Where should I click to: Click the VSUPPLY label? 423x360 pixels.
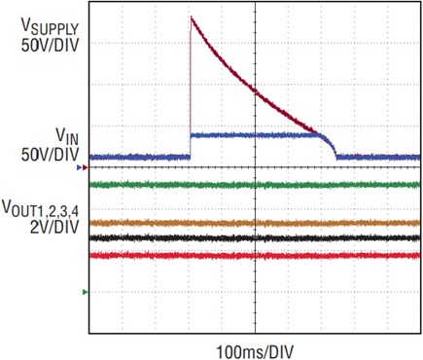click(50, 27)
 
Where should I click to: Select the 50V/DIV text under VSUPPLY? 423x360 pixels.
click(50, 46)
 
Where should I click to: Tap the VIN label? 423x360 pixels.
click(67, 136)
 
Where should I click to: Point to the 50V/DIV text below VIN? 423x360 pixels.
click(50, 155)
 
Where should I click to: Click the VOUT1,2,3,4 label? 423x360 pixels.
click(41, 208)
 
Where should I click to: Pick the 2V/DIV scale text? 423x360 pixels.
click(54, 227)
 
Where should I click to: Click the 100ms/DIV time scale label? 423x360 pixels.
click(255, 352)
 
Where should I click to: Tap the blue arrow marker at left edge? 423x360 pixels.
click(79, 167)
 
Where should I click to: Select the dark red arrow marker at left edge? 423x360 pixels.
click(85, 167)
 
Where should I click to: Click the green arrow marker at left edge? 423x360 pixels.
click(85, 292)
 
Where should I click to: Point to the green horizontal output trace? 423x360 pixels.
click(255, 185)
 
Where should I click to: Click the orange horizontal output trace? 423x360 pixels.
click(255, 223)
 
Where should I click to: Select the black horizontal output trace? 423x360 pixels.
click(255, 238)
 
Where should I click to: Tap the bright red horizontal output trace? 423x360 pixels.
click(255, 256)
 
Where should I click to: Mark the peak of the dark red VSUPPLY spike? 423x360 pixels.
click(192, 17)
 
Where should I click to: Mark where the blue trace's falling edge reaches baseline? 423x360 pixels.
click(336, 157)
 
